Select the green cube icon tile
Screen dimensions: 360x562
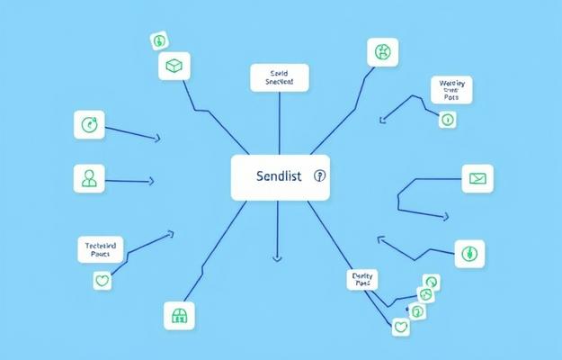(174, 66)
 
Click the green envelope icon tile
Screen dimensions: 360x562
(477, 178)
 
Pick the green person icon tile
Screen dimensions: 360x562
(89, 177)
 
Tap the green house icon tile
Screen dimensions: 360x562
(178, 314)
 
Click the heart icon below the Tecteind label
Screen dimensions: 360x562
(102, 281)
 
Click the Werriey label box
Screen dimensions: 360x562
(451, 90)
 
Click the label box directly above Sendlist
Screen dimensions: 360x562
(279, 77)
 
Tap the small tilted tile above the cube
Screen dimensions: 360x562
(160, 40)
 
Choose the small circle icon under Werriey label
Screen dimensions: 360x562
(447, 119)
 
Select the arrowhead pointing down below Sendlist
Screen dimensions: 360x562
(277, 258)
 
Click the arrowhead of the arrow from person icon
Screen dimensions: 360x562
(150, 182)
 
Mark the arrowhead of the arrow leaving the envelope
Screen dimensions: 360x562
(444, 216)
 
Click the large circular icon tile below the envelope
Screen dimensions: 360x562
(469, 254)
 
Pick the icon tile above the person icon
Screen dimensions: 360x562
(89, 125)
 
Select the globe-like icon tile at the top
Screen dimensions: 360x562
(382, 51)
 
